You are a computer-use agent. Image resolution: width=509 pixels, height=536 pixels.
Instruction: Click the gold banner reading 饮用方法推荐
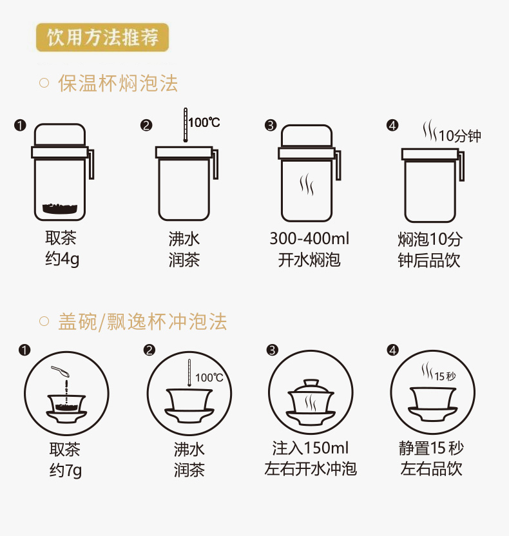[102, 37]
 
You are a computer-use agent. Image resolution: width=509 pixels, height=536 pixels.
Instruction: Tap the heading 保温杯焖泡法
[118, 83]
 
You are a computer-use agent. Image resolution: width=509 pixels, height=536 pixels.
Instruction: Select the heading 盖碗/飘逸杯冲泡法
[142, 321]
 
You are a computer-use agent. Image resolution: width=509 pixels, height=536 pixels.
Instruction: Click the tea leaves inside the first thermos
[60, 208]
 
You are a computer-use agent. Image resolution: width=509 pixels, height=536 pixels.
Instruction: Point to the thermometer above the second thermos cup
[186, 125]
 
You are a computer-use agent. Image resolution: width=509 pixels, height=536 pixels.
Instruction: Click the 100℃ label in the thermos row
[204, 122]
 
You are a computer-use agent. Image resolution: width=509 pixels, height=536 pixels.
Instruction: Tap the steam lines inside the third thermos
[307, 184]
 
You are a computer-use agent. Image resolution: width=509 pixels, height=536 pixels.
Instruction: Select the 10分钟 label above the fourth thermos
[460, 136]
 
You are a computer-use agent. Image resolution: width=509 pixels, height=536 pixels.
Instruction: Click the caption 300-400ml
[309, 238]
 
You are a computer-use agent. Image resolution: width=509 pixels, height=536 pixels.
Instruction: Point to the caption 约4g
[62, 259]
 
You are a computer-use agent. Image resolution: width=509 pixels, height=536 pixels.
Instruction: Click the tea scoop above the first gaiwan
[60, 371]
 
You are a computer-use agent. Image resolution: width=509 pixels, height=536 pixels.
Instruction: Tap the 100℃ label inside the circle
[209, 378]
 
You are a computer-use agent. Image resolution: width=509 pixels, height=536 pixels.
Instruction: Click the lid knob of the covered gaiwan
[311, 383]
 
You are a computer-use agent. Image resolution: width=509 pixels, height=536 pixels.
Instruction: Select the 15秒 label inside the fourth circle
[445, 376]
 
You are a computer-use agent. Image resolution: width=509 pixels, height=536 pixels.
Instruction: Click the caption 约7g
[66, 470]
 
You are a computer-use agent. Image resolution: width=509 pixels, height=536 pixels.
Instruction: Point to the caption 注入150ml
[311, 448]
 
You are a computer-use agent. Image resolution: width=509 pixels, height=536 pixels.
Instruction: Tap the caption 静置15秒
[431, 448]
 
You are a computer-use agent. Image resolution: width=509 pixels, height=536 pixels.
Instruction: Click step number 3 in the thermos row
[271, 126]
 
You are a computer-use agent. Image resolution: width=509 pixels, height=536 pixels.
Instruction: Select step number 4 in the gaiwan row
[392, 350]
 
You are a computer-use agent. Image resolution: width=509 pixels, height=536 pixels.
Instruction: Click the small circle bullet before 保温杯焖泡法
[44, 83]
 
